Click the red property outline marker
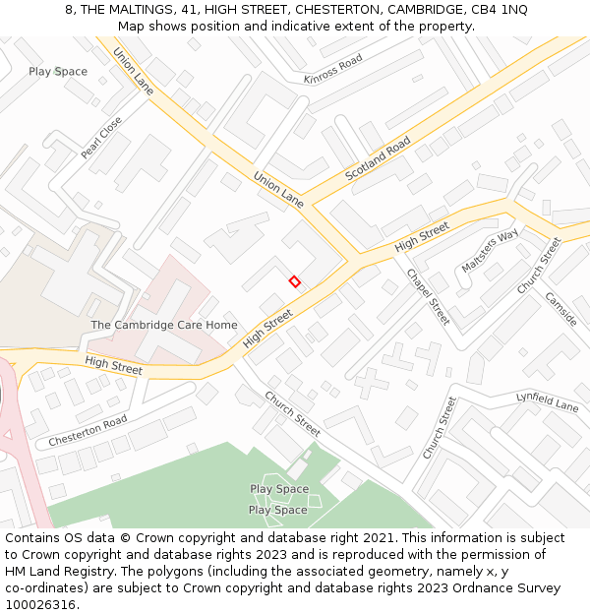294,281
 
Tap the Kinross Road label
333,70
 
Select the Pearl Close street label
101,139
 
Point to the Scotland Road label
378,159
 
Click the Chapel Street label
428,297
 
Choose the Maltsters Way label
490,252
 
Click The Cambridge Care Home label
164,325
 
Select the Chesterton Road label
88,431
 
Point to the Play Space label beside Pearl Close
58,72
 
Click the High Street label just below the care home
113,366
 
